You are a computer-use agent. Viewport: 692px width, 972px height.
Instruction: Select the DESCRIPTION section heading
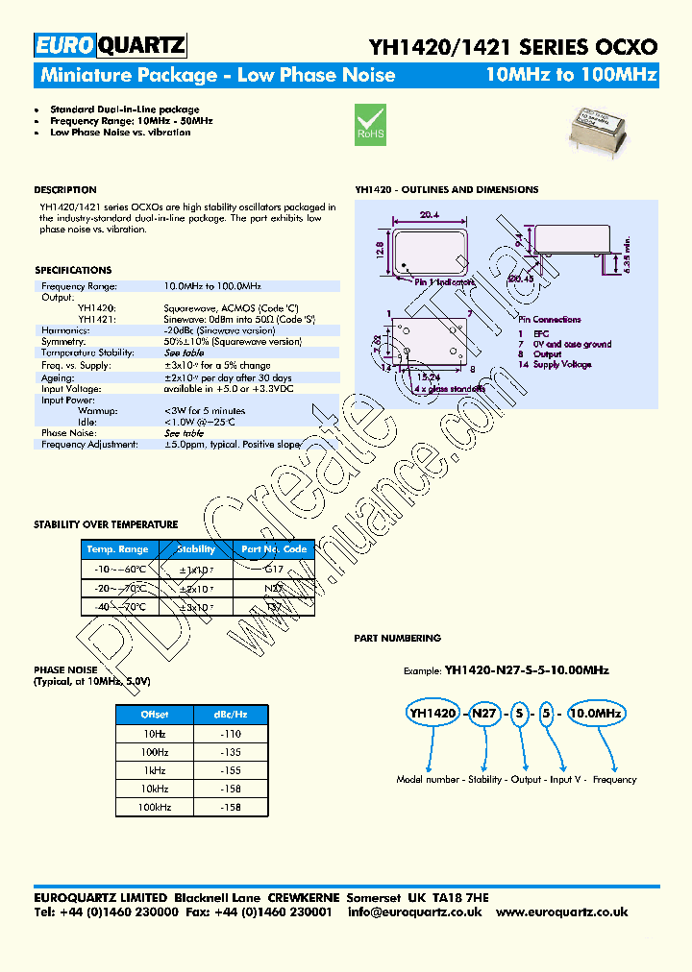[x=65, y=190]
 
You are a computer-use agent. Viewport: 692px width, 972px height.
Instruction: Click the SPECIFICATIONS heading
[x=73, y=271]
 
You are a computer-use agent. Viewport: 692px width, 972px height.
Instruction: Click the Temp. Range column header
[x=118, y=549]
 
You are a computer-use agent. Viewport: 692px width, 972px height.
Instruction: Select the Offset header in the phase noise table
[x=155, y=715]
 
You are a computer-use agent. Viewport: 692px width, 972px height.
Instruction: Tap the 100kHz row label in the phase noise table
[x=155, y=808]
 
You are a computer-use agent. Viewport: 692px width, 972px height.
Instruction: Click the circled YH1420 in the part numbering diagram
[x=432, y=713]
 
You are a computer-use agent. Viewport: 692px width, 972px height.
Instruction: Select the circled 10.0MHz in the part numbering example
[x=596, y=713]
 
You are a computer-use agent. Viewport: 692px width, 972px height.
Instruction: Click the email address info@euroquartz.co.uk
[x=415, y=911]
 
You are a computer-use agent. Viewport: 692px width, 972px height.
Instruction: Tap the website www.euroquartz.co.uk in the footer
[x=563, y=911]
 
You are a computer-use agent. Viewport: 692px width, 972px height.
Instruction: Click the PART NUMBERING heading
[x=397, y=638]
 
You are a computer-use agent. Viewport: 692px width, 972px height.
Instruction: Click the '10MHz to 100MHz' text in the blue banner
[x=571, y=75]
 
